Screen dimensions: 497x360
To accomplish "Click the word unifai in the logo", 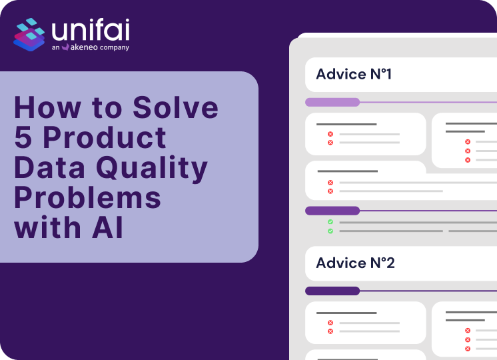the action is (x=91, y=30).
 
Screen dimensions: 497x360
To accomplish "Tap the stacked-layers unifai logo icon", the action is (x=29, y=35).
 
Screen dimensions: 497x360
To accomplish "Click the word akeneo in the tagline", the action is (x=84, y=47).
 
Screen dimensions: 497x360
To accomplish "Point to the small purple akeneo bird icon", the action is (x=65, y=47).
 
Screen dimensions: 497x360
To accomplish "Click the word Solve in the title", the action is (x=176, y=107).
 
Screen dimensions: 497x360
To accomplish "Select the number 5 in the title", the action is (x=23, y=137).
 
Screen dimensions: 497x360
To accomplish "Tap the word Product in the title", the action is (x=105, y=137).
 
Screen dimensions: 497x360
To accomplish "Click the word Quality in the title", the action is (x=152, y=169).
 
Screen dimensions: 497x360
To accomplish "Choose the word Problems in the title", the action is (x=87, y=197).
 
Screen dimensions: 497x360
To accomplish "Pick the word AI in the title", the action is (x=107, y=227).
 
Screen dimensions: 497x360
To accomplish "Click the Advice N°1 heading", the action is (x=354, y=74).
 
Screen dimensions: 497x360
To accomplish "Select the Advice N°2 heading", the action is (x=355, y=263).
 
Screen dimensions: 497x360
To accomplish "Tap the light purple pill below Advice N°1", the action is (x=332, y=102).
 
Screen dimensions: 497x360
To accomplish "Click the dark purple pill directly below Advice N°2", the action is (x=332, y=291).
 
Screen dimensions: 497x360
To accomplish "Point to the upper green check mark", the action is (x=330, y=222).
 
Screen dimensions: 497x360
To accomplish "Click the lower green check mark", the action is (x=330, y=231).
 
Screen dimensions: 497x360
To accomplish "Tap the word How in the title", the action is (x=48, y=107).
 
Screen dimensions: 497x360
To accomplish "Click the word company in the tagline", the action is (x=115, y=47).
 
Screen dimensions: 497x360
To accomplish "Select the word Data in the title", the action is (x=49, y=167).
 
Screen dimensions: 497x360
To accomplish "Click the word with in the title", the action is (x=47, y=227).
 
